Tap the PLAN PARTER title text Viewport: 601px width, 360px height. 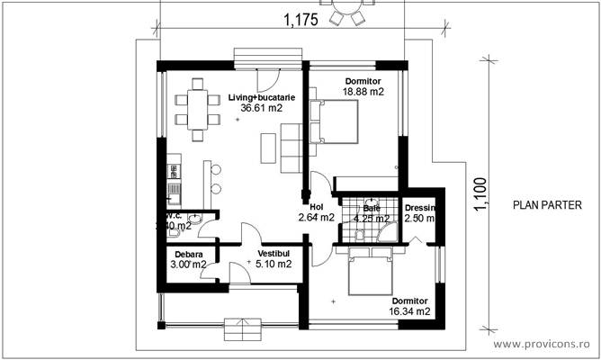[x=547, y=205]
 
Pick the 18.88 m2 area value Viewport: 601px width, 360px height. [x=363, y=92]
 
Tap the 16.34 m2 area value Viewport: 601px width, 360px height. [x=409, y=310]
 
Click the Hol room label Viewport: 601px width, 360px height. [x=316, y=205]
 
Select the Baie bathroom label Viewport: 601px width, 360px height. [x=372, y=207]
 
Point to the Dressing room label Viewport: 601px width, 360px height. [x=419, y=207]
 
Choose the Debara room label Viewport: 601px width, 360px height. [x=189, y=254]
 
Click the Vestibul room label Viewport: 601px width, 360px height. [x=274, y=254]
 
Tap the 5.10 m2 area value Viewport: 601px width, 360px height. [x=274, y=265]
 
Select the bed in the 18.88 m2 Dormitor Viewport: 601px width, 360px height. [x=334, y=121]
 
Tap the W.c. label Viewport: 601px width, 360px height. [x=174, y=216]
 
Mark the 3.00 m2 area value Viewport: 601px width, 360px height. [x=189, y=265]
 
